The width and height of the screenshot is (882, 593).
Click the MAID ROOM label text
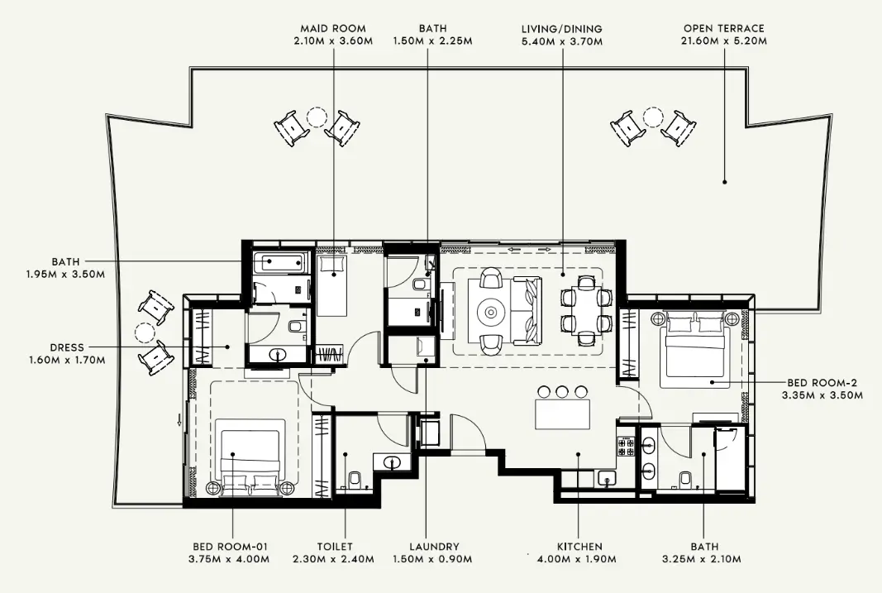pos(334,29)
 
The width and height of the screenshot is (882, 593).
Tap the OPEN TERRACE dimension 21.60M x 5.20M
pos(723,41)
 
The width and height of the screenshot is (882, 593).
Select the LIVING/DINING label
pos(561,29)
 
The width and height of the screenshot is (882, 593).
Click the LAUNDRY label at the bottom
pos(434,547)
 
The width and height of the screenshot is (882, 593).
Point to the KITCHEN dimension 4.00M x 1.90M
pos(579,559)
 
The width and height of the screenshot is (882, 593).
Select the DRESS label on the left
pos(67,347)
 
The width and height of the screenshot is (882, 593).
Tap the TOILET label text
pos(335,547)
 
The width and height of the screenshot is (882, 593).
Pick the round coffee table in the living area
pos(491,312)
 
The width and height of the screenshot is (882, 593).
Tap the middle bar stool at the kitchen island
pos(563,391)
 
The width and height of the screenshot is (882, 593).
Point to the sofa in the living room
pos(527,312)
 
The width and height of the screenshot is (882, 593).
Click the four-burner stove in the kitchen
pos(626,447)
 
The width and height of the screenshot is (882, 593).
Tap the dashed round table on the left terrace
pos(145,332)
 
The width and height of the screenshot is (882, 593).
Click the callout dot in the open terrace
pos(724,181)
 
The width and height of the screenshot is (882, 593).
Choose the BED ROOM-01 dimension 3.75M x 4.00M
pos(231,559)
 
